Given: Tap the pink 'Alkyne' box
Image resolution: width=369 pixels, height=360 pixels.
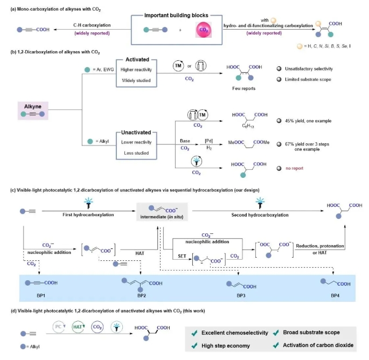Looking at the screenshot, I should (x=32, y=109).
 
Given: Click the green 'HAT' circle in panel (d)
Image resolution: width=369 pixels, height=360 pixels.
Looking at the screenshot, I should (x=79, y=326).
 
